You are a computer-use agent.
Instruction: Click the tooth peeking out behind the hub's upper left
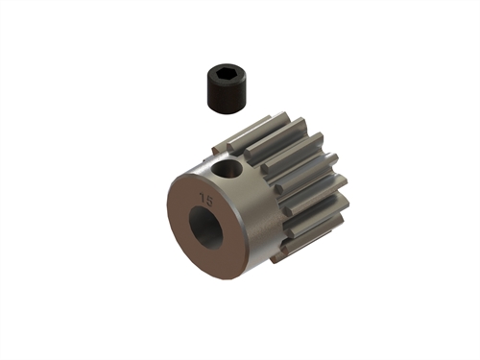[x=221, y=141]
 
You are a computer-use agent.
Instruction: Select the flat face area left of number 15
[x=182, y=206]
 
